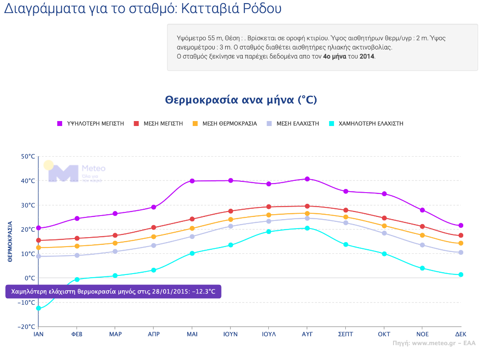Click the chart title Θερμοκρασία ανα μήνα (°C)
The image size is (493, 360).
point(241,100)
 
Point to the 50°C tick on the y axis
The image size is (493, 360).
point(27,157)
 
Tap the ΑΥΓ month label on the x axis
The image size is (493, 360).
point(307,334)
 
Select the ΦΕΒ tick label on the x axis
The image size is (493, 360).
point(77,334)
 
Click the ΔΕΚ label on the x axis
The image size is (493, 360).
point(461,334)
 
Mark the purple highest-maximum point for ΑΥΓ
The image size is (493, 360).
point(307,179)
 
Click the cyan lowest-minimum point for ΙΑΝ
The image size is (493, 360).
point(39,308)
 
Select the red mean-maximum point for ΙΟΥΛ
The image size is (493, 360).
point(269,207)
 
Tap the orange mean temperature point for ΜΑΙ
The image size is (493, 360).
point(192,229)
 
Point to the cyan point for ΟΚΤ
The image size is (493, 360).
point(384,254)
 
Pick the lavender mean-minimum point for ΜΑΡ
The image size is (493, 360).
point(115,252)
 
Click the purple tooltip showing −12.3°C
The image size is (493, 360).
point(113,291)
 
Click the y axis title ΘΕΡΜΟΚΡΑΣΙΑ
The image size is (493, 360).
point(10,241)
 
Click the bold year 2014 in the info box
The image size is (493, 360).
point(367,57)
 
